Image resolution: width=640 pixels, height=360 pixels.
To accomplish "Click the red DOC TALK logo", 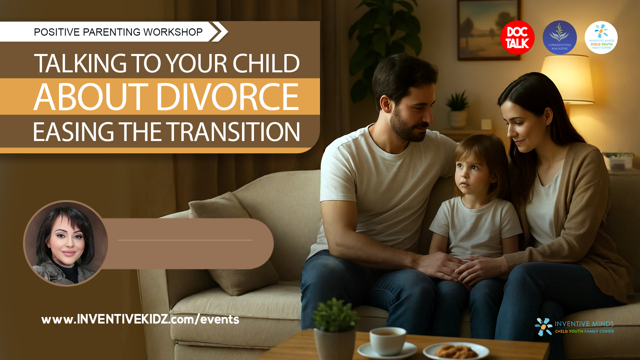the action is [517, 38].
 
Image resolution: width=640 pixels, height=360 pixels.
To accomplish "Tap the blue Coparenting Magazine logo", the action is [560, 38].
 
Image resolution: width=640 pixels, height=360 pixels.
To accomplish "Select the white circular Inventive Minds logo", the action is [601, 38].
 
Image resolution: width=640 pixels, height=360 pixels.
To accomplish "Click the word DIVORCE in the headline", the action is [228, 97].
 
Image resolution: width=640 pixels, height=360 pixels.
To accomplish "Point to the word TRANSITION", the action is [233, 132].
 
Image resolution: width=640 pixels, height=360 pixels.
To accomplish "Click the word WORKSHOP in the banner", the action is [173, 32].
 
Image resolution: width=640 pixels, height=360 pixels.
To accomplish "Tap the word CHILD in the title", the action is [266, 63].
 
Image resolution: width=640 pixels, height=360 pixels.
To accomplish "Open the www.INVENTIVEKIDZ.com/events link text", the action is [140, 319].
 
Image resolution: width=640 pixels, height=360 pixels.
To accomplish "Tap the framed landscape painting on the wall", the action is [489, 30].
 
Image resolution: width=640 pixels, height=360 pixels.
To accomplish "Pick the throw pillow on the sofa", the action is [233, 243].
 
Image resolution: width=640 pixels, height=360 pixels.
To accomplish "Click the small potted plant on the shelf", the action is [458, 110].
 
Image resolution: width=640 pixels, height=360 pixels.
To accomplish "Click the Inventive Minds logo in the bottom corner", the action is [574, 327].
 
